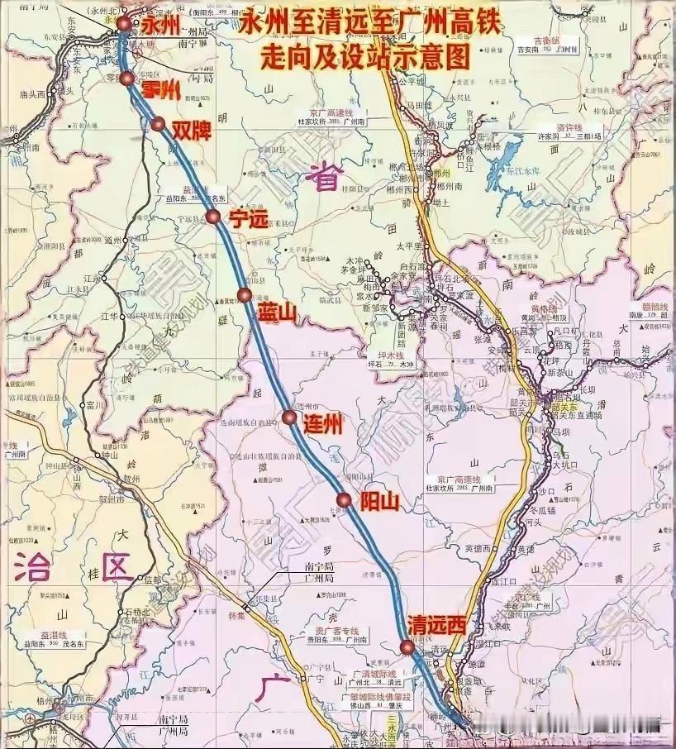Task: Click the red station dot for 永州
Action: (x=124, y=23)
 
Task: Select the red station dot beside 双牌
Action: (x=158, y=124)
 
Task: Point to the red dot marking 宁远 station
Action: (x=212, y=217)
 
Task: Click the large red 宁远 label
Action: (x=250, y=219)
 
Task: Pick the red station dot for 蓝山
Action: (x=244, y=295)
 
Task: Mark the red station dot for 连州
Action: (x=288, y=417)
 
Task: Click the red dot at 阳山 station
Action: (x=343, y=498)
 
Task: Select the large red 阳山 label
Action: (x=379, y=501)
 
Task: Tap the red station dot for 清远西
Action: (x=407, y=646)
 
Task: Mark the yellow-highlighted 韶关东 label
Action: (x=566, y=407)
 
